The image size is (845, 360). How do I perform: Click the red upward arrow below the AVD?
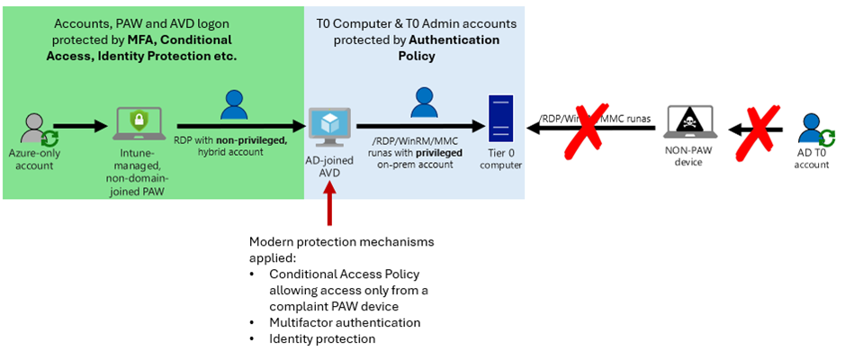tap(330, 201)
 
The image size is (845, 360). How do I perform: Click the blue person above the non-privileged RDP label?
tap(234, 106)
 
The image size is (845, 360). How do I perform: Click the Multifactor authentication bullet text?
tap(345, 322)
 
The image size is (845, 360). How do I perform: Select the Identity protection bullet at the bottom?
tap(322, 339)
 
